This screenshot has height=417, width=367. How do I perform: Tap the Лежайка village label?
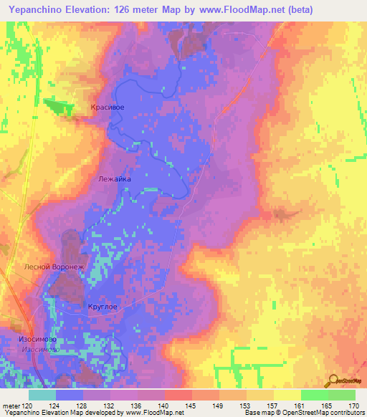(113, 181)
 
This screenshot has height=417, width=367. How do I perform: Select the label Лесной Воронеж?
(54, 267)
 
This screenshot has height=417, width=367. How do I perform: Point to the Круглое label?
(102, 307)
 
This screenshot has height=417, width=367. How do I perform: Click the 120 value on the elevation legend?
(27, 405)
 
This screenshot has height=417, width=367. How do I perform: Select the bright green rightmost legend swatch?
(342, 395)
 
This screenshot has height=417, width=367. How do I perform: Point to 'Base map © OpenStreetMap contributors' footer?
(304, 413)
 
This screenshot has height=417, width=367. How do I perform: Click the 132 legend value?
(109, 405)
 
